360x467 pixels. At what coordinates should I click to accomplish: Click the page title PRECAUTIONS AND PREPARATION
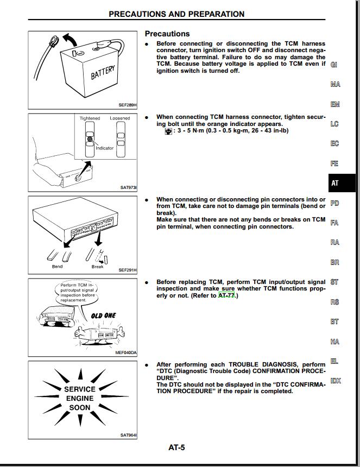(x=176, y=14)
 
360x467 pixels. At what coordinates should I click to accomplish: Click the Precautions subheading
(x=167, y=34)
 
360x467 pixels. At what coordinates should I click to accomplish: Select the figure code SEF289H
(x=128, y=105)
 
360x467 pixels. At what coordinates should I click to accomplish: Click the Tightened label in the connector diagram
(x=90, y=118)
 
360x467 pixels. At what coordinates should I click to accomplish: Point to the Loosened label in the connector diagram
(x=120, y=118)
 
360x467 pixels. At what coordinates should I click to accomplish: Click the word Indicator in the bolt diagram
(x=105, y=148)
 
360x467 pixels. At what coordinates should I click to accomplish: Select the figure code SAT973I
(x=128, y=188)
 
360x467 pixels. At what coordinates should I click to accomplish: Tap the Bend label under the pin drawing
(x=57, y=267)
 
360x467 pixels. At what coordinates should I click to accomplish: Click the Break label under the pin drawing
(x=97, y=267)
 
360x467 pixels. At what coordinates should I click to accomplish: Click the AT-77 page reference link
(x=226, y=295)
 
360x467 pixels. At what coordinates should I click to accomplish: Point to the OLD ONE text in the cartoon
(x=104, y=315)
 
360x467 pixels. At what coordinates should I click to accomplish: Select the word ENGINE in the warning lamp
(x=80, y=398)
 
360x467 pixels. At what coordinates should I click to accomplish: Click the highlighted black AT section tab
(x=336, y=183)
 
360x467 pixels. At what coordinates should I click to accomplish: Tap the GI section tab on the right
(x=334, y=65)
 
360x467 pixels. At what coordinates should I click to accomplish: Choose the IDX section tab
(x=336, y=381)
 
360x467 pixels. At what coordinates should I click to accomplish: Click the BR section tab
(x=334, y=262)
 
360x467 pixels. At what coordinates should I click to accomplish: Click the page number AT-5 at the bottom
(x=177, y=447)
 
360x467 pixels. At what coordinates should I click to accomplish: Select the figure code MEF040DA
(x=126, y=352)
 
